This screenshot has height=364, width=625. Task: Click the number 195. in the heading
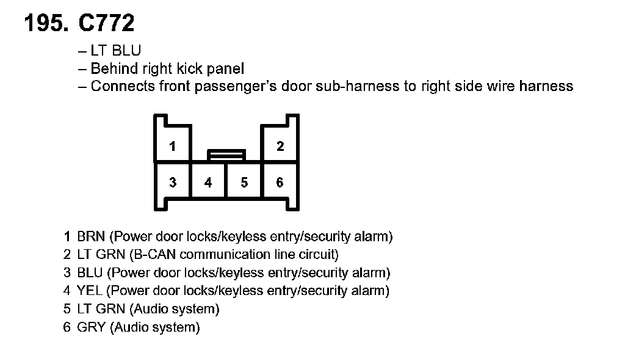47,23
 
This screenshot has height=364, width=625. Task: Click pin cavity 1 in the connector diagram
173,147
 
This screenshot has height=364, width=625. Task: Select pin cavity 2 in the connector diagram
280,147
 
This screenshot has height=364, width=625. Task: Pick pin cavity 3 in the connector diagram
173,183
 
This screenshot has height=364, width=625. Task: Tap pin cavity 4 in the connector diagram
208,183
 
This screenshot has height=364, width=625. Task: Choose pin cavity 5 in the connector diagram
244,183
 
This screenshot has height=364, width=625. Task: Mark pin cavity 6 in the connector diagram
280,183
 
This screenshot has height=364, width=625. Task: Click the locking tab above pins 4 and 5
226,155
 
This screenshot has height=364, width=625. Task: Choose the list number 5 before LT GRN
67,310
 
